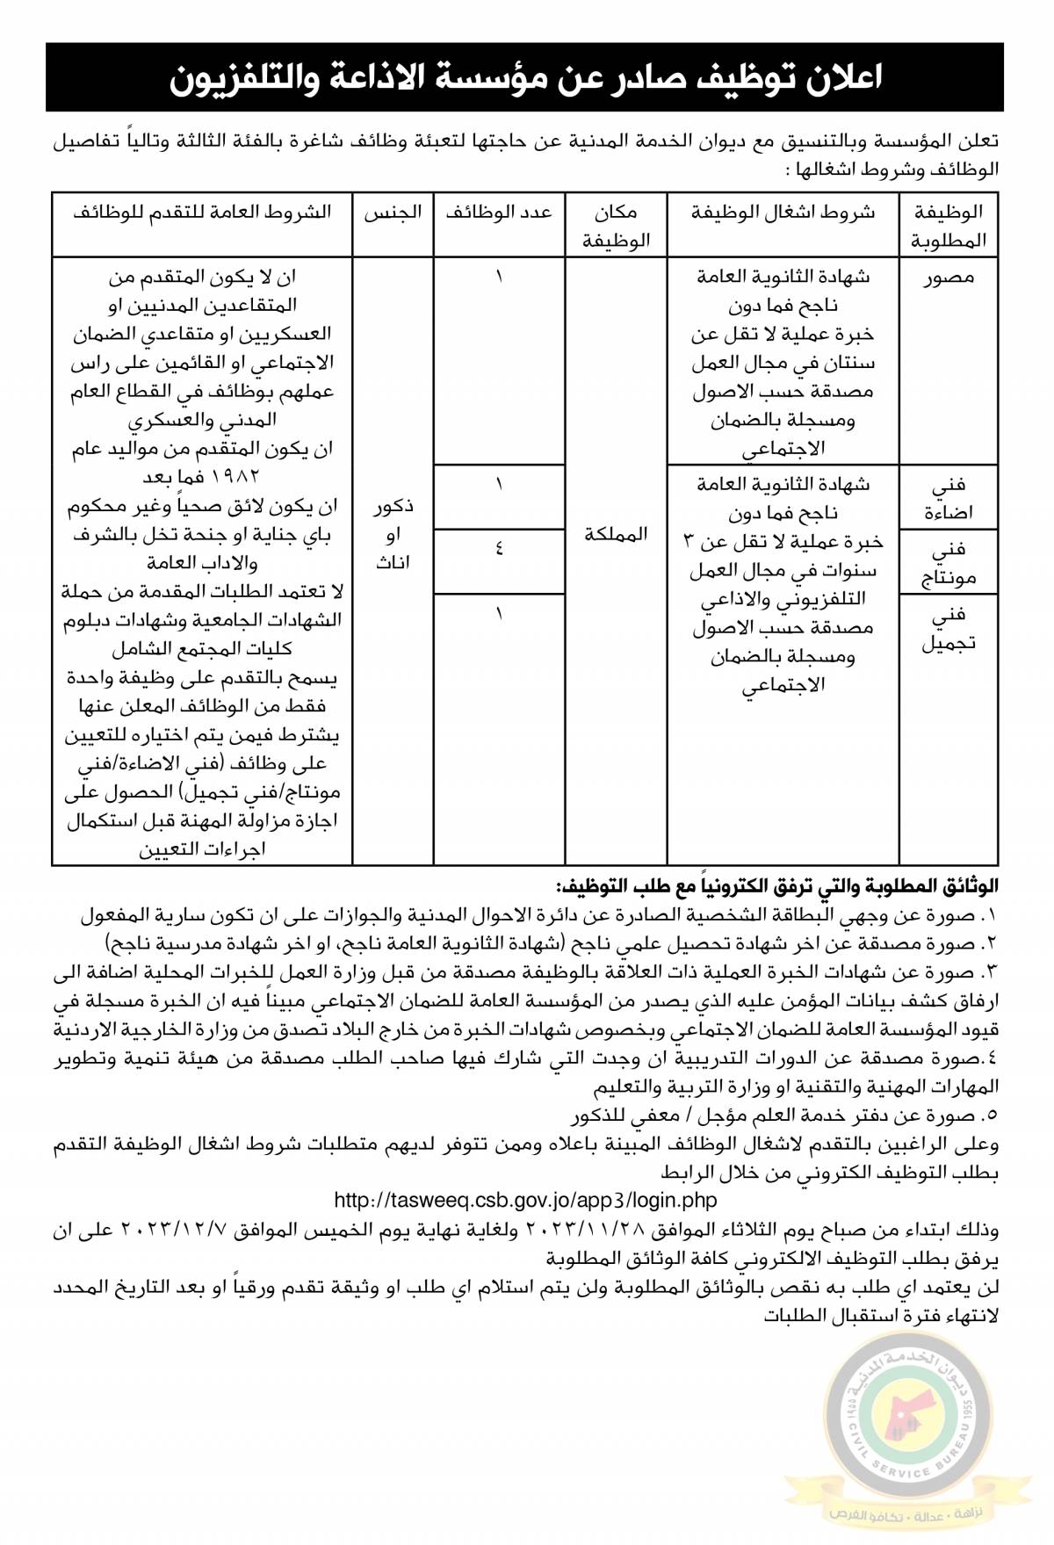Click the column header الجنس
coord(393,213)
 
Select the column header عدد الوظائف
coord(498,213)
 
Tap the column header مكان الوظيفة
coord(616,226)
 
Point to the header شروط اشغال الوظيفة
coord(783,213)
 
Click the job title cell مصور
coord(949,278)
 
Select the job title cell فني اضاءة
coord(949,497)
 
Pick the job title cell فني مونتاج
coord(949,562)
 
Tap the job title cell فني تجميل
coord(949,628)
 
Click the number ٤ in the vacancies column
coord(499,551)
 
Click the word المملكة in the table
coord(616,534)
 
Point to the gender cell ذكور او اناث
coord(393,534)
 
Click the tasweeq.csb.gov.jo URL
coord(525,1200)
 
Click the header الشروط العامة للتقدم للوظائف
coord(202,213)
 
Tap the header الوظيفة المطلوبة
coord(949,226)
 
